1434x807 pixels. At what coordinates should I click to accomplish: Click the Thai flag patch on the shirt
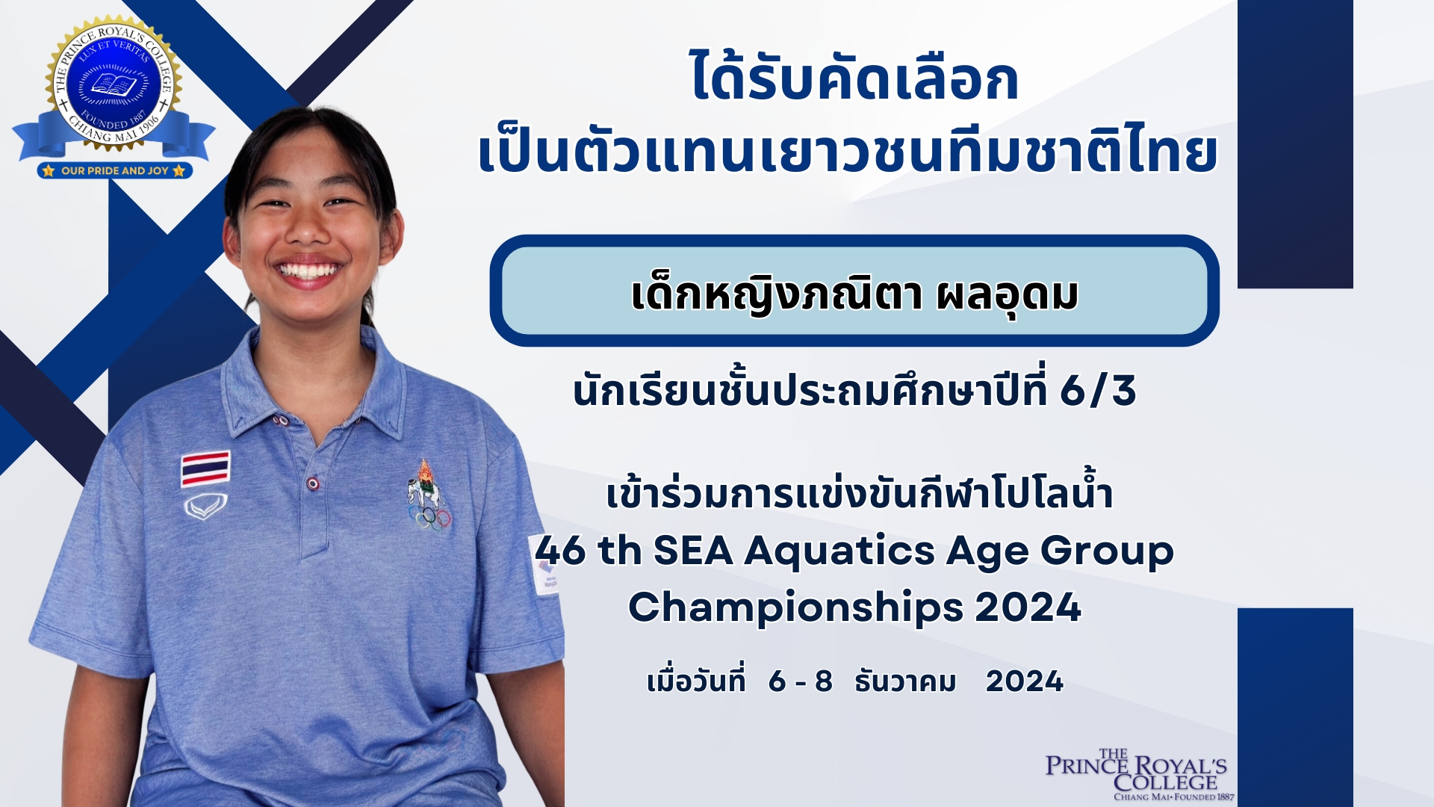205,469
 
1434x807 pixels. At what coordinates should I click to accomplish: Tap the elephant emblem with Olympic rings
428,495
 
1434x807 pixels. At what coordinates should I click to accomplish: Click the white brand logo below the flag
205,507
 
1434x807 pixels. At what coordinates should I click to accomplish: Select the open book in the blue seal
114,84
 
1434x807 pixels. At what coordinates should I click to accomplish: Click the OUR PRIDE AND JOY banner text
115,170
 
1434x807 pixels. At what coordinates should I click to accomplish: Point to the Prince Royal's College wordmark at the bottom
1136,774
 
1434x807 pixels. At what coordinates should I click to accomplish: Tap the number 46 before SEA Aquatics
560,551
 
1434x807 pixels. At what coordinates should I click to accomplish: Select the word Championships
795,607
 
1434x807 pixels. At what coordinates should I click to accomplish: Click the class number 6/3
1098,391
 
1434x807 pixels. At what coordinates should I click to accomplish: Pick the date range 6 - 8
800,681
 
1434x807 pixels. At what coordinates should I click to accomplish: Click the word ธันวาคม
905,681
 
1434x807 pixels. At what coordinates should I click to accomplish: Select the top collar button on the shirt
281,421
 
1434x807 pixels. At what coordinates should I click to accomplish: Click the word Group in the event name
1107,551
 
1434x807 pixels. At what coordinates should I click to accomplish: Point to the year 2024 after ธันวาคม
1025,681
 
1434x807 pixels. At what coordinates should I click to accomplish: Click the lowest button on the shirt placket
314,484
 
